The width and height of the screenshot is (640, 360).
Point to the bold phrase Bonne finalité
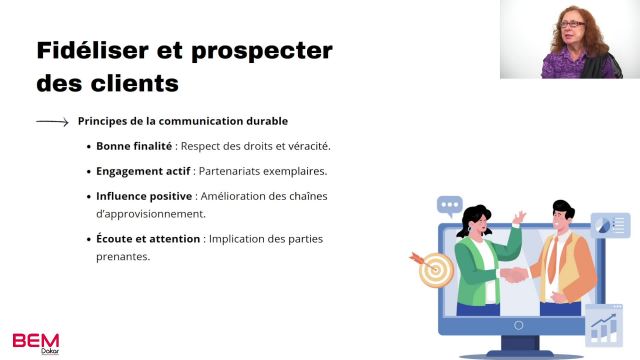[x=133, y=146]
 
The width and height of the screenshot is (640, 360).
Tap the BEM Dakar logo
[x=36, y=341]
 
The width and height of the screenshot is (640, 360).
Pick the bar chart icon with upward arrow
[x=603, y=326]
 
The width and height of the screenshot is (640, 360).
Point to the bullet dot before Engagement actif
[x=90, y=171]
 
